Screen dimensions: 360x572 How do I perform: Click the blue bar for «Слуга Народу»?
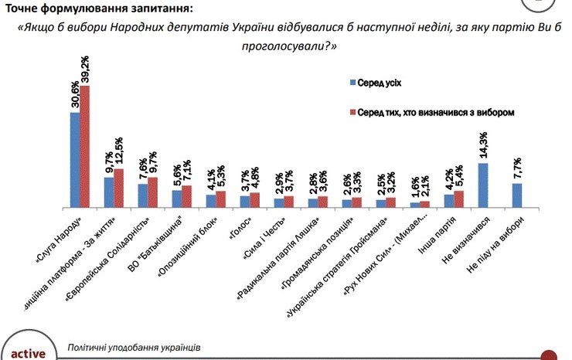tap(75, 160)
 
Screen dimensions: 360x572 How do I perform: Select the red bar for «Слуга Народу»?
tap(85, 146)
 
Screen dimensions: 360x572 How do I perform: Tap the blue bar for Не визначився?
tap(483, 185)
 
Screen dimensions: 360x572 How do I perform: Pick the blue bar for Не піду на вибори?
tap(517, 195)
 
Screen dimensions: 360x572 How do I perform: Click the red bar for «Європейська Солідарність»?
tap(153, 192)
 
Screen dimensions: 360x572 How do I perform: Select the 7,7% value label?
tap(517, 169)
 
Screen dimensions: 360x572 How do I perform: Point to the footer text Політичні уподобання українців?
tap(134, 348)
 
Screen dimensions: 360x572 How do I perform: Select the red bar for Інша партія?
tap(459, 199)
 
